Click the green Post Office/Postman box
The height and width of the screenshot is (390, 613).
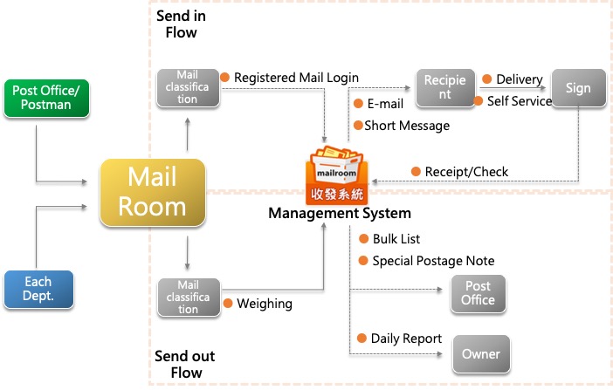pos(49,99)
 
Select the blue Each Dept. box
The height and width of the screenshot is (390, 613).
pos(38,289)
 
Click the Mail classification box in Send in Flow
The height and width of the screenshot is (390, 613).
pos(188,88)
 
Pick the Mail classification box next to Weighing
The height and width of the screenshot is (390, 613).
pos(188,297)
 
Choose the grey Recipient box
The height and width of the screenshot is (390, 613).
pos(444,88)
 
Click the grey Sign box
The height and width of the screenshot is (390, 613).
pos(578,88)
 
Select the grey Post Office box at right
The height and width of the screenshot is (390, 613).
pos(479,293)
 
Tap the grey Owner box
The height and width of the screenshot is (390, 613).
pos(481,354)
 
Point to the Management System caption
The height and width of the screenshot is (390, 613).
pos(339,213)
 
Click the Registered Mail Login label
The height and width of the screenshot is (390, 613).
pos(296,78)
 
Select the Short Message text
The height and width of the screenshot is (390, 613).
pos(407,126)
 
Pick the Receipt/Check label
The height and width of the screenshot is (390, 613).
pos(466,171)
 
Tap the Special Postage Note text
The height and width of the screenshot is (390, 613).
pos(433,261)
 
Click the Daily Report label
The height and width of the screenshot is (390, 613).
pos(406,339)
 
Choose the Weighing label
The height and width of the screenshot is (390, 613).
pos(264,304)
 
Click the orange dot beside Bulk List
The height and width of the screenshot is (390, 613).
pos(362,239)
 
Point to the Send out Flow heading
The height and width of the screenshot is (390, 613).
pos(184,365)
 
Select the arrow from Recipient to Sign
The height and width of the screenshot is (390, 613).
pos(514,88)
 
